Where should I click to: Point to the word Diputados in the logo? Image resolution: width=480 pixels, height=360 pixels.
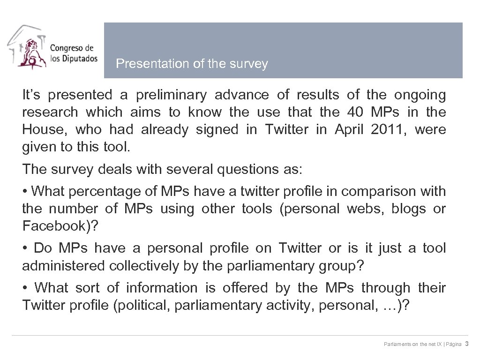[77, 59]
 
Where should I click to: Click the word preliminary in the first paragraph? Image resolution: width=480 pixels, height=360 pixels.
[171, 95]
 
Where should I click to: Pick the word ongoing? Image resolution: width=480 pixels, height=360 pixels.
[420, 95]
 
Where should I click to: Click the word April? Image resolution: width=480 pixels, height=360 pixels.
[349, 130]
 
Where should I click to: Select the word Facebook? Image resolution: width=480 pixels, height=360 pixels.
[56, 226]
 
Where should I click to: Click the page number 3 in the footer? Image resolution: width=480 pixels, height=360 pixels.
[467, 344]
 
